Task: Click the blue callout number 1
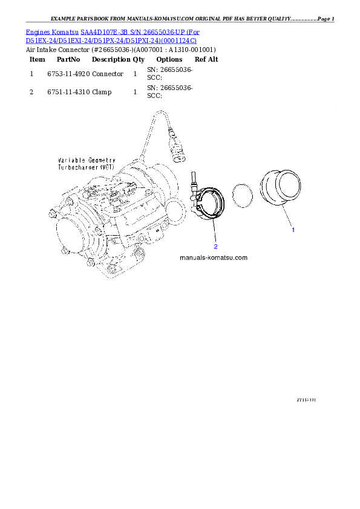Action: [x=293, y=230]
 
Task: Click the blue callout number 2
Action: [x=215, y=246]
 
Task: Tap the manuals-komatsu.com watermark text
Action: [x=214, y=258]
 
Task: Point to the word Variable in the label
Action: [x=66, y=160]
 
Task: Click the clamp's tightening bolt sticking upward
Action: [x=193, y=178]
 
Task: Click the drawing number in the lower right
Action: [x=307, y=400]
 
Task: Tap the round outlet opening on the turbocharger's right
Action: [x=175, y=212]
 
